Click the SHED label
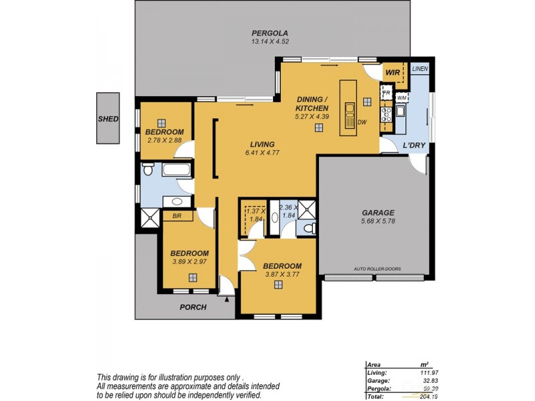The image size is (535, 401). (x=108, y=119)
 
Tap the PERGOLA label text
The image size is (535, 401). (x=270, y=33)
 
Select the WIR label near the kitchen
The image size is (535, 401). (x=392, y=73)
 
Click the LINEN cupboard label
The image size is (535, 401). (x=419, y=69)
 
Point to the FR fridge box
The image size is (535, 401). (x=386, y=92)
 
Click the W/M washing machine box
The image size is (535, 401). (x=401, y=98)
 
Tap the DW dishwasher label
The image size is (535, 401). (x=362, y=122)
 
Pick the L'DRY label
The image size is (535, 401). (x=414, y=146)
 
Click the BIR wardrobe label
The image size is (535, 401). (x=177, y=216)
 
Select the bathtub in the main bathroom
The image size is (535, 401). (x=177, y=170)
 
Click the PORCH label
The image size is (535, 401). (x=193, y=307)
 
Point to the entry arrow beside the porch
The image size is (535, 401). (x=228, y=300)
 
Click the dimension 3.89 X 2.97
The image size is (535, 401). (x=189, y=261)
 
